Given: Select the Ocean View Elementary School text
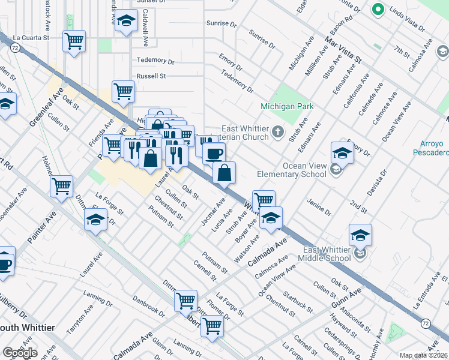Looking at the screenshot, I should point(292,169).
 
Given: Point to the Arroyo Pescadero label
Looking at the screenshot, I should point(428,148).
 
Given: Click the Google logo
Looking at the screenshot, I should point(19,353).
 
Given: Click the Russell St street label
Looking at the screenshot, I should point(151,76).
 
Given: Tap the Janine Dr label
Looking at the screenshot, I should point(319,208).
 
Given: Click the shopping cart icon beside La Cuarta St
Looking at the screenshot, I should point(74,41).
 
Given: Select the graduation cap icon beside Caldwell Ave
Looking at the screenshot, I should point(126,22).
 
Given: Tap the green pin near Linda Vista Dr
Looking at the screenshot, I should point(378,10).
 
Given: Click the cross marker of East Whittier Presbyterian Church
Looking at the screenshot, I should point(278,131).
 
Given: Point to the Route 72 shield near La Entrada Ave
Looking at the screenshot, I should point(425,323).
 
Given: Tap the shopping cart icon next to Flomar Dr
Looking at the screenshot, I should point(212,326).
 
